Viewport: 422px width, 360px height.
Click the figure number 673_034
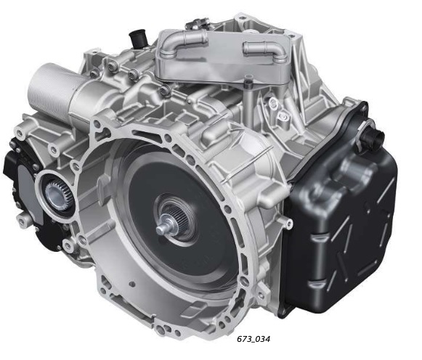pyautogui.click(x=253, y=339)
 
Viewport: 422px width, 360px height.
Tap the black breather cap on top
pyautogui.click(x=138, y=38)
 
